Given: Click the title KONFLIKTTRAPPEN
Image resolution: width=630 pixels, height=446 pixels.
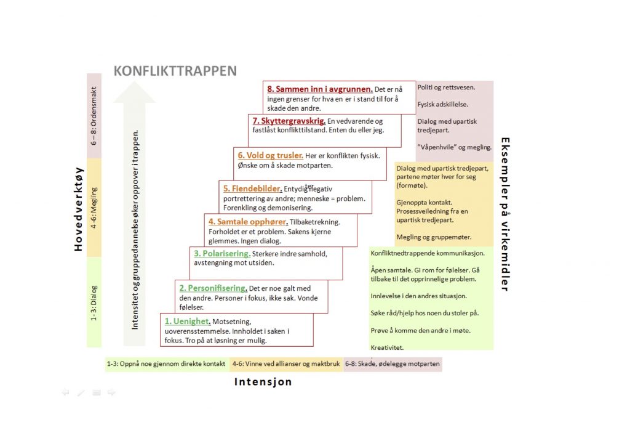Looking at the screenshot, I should tap(175, 71).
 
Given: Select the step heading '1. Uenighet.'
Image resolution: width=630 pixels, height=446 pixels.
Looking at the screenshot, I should tap(188, 321).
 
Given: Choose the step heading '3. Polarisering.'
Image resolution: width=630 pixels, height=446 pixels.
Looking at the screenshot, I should tap(221, 254).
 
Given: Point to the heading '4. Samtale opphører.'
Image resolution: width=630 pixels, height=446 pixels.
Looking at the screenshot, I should tap(248, 221).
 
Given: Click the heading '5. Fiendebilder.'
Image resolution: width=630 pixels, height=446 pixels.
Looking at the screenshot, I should tap(252, 189).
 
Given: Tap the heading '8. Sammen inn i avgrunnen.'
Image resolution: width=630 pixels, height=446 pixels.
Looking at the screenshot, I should tap(320, 89).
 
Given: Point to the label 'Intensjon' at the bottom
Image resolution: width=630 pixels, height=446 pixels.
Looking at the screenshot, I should tap(263, 382).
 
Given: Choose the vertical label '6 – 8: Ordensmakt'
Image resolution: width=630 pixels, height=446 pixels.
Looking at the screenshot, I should tap(94, 118).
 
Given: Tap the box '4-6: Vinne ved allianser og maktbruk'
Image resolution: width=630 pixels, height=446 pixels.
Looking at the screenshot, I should tap(286, 364).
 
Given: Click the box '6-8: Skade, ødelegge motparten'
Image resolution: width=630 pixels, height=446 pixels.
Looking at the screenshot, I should tap(392, 364).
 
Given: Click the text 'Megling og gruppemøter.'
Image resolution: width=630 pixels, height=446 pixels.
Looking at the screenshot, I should tap(434, 237).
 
